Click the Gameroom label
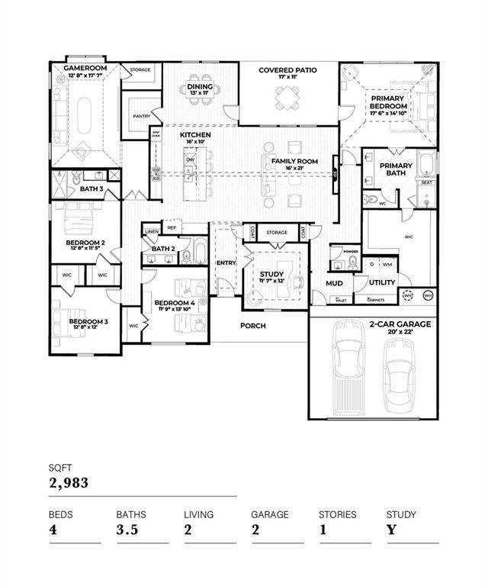coord(84,68)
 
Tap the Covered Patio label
coord(287,70)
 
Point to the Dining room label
coord(200,87)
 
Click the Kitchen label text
coord(195,135)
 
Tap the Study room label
coord(271,275)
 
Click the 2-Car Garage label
coord(400,324)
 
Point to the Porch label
coord(253,326)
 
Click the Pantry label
coord(141,116)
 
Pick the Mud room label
coord(334,283)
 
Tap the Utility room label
coord(381,282)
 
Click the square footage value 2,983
coord(69,482)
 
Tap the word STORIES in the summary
coord(337,514)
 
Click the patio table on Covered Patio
coord(287,97)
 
